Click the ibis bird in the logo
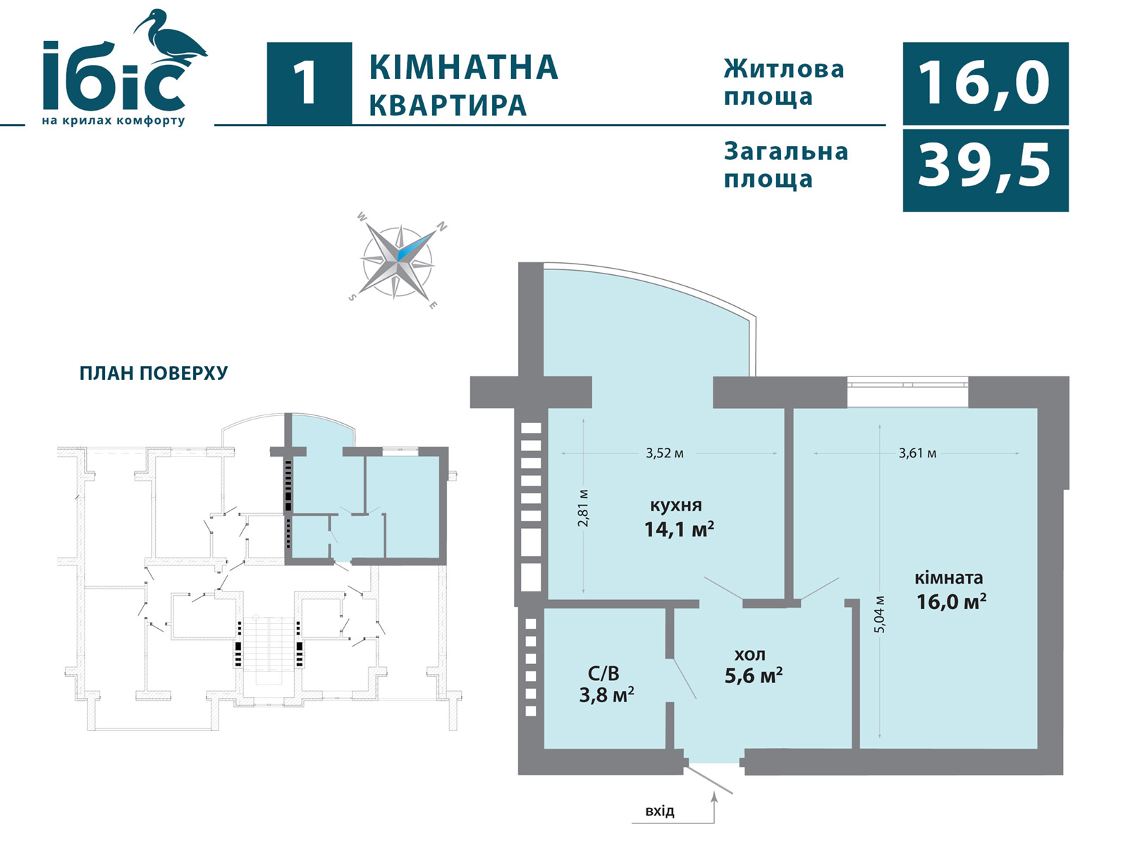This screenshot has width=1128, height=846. pos(172,39)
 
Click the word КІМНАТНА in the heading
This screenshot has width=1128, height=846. pos(463,67)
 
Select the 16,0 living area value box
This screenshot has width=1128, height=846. pos(986,84)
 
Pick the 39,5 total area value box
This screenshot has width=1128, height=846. pos(986,170)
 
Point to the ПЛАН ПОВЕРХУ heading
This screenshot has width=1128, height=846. pos(153,374)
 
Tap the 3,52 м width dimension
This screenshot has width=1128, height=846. pos(665,453)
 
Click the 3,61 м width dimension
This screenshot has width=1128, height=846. pos(917,453)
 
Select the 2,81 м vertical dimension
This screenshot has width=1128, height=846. pos(583,508)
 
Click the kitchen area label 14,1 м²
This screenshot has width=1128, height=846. pos(679,529)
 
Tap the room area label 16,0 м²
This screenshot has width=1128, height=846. pos(951,601)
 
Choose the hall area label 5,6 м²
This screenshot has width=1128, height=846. pos(754,675)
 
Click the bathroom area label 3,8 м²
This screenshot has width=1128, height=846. pos(606,695)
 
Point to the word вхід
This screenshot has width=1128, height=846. pos(660,811)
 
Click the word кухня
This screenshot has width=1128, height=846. pos(676,505)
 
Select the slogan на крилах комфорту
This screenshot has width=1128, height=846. pos(113,121)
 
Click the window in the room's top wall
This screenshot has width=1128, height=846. pos(907,384)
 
